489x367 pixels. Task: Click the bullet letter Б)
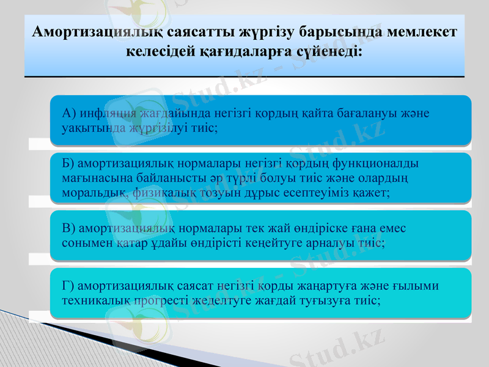click(68, 163)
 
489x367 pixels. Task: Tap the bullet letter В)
click(68, 228)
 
